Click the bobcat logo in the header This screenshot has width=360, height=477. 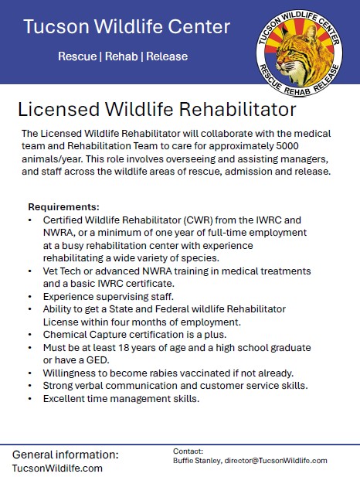coord(300,53)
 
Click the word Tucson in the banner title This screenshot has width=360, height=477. coord(56,26)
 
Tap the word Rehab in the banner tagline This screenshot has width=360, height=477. coord(121,56)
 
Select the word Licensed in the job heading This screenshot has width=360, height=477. coord(59,109)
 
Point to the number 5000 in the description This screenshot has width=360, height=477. coord(287,146)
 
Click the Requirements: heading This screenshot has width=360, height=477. coord(64,207)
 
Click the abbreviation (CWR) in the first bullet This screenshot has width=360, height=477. coord(197,220)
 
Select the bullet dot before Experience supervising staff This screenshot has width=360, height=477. coord(30,296)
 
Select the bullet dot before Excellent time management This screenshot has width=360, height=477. coord(30,398)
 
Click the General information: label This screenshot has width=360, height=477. coord(66,455)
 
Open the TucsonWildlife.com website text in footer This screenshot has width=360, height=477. coord(57,468)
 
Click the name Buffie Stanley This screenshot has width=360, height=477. coord(197,461)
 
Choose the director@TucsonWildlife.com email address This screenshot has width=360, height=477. coord(276,461)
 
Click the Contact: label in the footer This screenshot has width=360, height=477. coord(188,451)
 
